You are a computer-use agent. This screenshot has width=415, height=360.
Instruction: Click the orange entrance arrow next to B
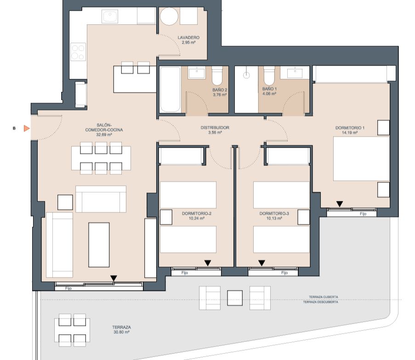26,128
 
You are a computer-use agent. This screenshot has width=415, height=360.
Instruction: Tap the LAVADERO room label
188,38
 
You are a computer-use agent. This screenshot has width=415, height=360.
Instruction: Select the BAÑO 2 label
220,90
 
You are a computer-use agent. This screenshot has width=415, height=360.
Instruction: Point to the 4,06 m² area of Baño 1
269,94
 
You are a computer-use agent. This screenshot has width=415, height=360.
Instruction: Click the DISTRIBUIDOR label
215,128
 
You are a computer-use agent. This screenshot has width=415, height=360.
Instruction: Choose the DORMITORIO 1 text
350,128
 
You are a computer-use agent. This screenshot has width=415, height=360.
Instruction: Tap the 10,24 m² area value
196,218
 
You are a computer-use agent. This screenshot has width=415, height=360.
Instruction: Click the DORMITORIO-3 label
274,213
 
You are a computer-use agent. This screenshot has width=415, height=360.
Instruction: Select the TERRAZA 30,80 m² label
121,330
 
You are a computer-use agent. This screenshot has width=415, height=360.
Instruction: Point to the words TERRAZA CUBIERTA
324,297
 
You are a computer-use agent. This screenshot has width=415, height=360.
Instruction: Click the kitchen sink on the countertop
110,17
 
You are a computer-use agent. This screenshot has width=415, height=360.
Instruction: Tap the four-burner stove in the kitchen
78,52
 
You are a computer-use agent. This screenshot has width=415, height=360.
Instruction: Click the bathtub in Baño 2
171,90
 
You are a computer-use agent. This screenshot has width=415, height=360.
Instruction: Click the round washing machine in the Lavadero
170,17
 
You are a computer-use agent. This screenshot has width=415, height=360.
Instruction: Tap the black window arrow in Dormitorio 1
340,204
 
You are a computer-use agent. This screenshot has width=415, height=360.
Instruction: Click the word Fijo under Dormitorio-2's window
184,273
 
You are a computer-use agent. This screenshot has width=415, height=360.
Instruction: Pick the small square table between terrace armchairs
235,298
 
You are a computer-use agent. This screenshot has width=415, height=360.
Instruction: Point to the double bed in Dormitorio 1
361,159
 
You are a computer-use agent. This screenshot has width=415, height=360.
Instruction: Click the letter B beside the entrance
14,128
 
